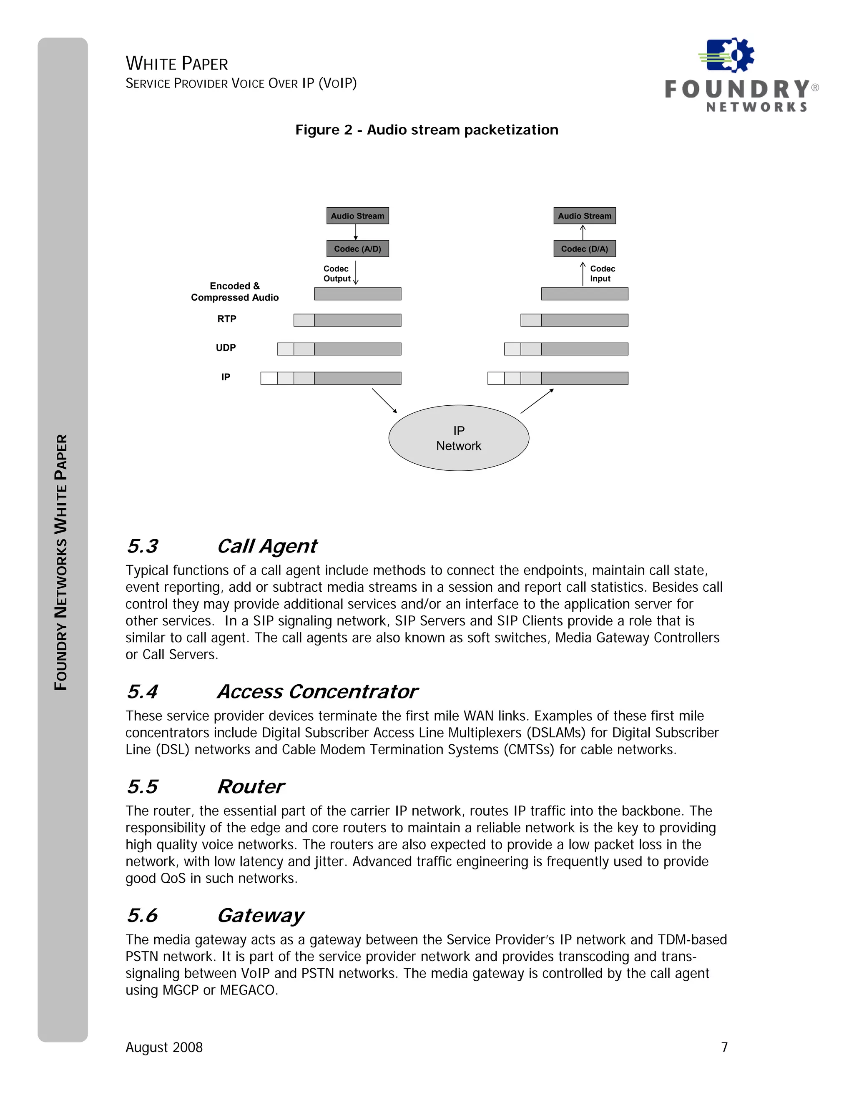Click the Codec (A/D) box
pos(357,249)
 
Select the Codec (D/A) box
pos(584,249)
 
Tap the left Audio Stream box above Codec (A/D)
pos(357,216)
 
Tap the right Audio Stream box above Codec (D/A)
pos(584,216)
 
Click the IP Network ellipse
pos(458,438)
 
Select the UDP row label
pos(226,348)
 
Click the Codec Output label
pos(337,274)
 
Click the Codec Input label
pos(602,274)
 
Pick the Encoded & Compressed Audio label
pos(235,292)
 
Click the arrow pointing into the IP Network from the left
pos(384,401)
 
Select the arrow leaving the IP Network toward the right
pos(537,401)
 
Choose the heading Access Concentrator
pos(317,692)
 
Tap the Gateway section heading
pos(261,916)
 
